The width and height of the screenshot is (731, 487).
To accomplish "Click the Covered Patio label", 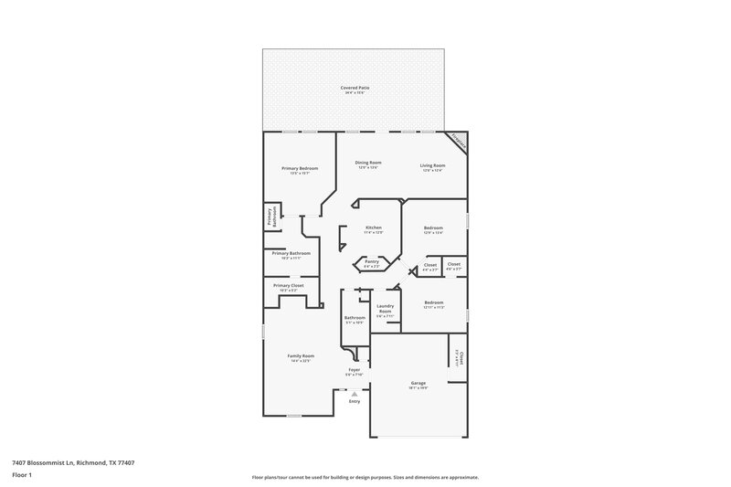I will click(355, 88).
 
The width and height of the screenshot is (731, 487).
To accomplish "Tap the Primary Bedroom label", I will click(300, 169).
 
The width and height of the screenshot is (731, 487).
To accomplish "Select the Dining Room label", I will click(368, 163).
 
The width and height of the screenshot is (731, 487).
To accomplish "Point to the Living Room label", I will click(431, 165).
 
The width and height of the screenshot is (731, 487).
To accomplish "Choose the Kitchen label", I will click(373, 228).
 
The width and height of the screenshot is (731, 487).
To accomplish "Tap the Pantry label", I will click(372, 261).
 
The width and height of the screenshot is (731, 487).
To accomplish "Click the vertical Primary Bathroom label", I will click(270, 216).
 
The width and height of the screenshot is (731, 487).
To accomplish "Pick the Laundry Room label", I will click(385, 310).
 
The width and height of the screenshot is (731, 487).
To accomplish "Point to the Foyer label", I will click(355, 370).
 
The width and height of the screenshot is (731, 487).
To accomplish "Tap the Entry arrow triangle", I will click(355, 394).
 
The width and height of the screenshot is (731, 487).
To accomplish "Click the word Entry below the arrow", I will click(355, 401).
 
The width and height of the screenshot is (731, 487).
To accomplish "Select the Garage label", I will click(418, 383).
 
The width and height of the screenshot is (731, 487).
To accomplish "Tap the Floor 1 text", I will click(22, 476).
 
